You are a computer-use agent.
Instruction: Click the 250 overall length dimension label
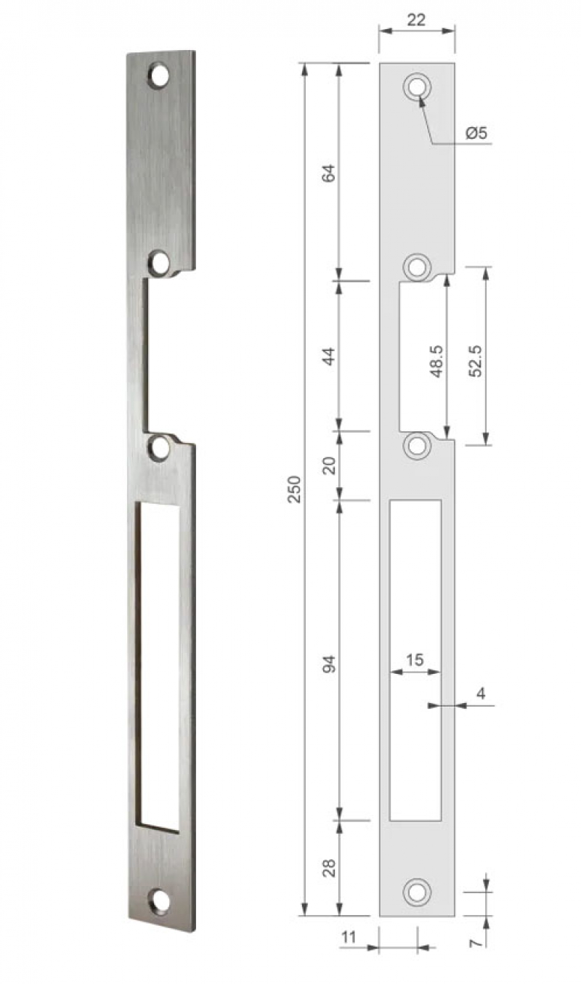point(294,489)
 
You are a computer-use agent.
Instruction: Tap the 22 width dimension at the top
point(416,20)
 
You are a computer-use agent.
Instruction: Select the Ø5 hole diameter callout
point(476,133)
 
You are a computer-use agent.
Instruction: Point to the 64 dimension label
point(328,173)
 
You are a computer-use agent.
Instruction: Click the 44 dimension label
point(328,357)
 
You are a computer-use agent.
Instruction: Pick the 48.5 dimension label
point(436,361)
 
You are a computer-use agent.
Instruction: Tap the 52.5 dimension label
point(475,361)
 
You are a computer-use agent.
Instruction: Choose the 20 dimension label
point(328,465)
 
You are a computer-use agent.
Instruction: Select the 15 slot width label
point(415,659)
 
